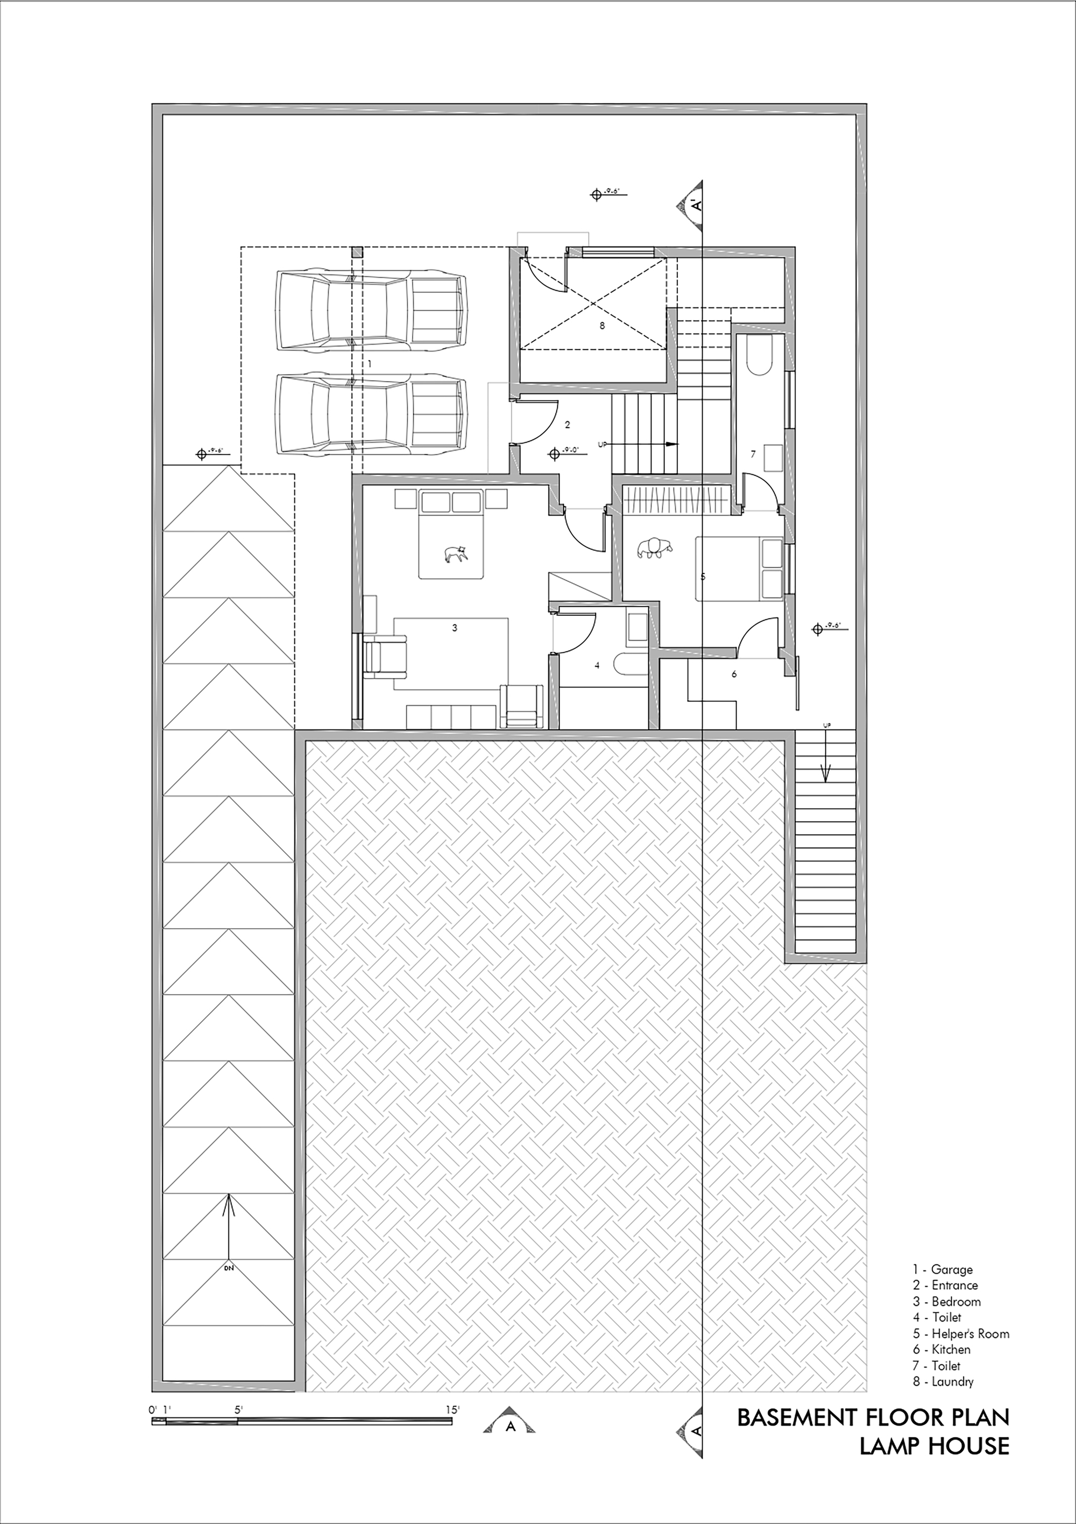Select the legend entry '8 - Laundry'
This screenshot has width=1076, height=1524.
click(x=943, y=1382)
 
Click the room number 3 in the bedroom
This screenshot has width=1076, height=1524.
click(x=455, y=627)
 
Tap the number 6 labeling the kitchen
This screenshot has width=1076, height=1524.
click(x=734, y=675)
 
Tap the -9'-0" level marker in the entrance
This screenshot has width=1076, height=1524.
click(x=563, y=454)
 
